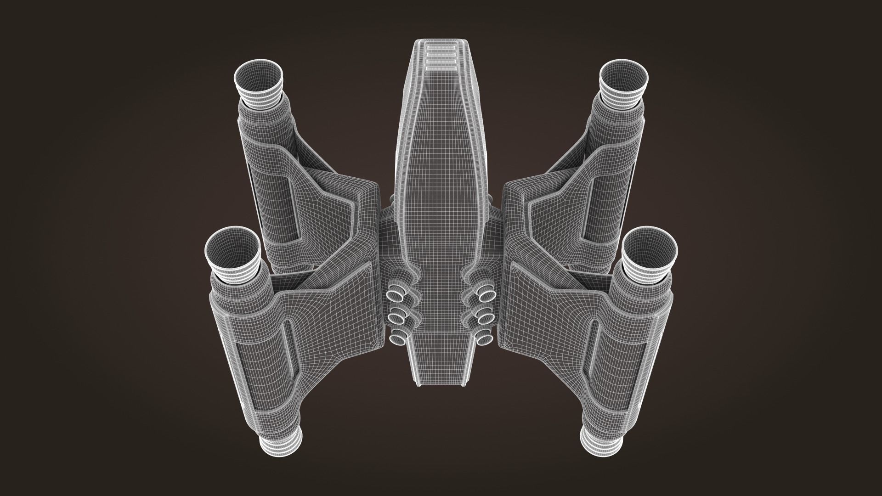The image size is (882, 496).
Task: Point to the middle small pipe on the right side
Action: [484, 317]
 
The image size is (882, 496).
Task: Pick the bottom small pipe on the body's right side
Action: [484, 339]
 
